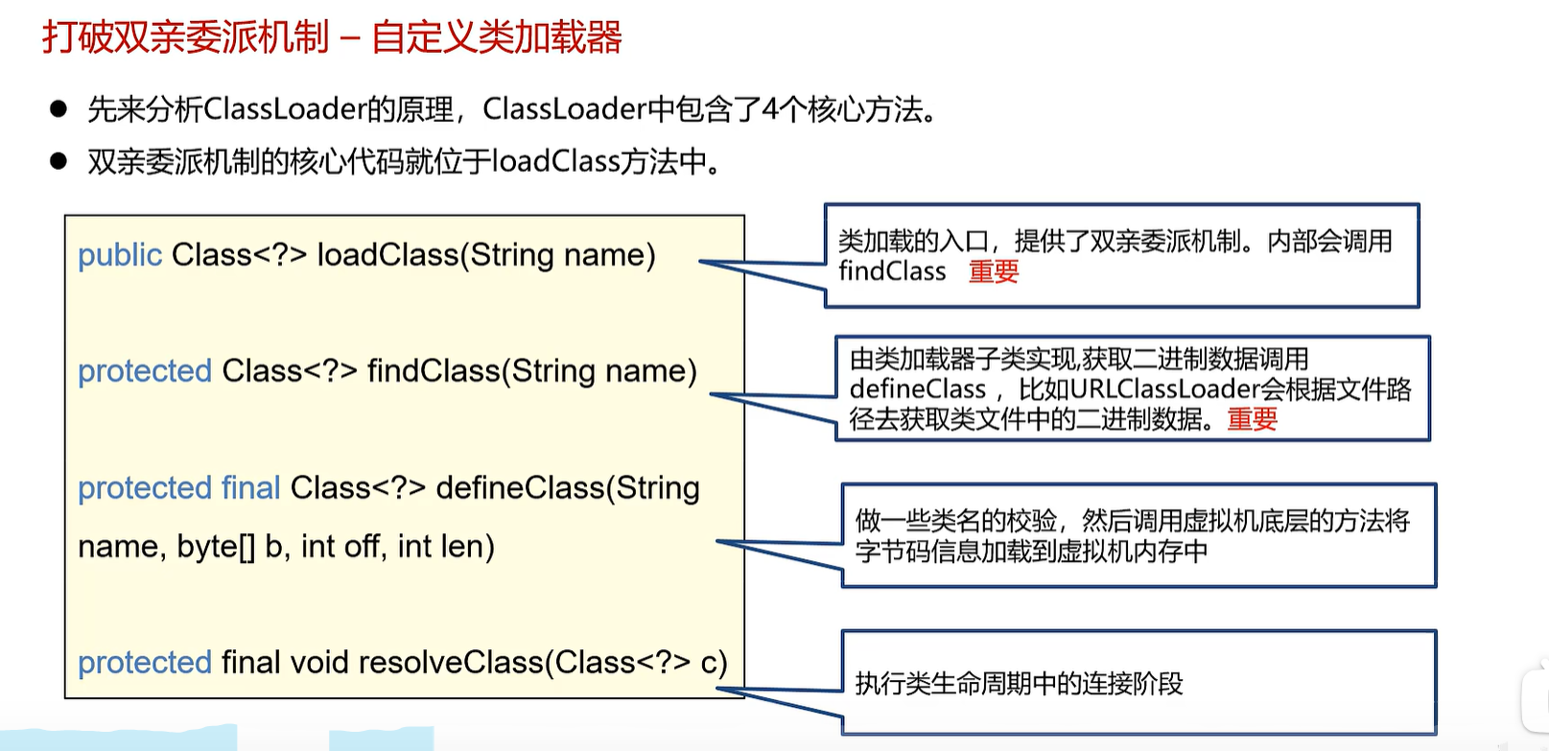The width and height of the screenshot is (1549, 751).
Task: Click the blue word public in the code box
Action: pos(120,255)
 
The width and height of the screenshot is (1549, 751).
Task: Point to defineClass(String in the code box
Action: pos(567,488)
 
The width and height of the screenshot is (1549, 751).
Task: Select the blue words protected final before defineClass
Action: pos(179,488)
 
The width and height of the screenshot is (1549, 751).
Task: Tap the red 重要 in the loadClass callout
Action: pos(994,272)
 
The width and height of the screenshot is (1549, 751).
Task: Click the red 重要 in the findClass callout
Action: pos(1252,419)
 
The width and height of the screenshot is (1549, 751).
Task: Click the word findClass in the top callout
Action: pos(892,272)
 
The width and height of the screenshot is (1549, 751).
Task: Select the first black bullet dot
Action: pos(59,109)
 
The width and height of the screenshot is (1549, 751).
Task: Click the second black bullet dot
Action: pos(59,161)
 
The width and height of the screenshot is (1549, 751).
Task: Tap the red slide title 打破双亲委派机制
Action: pos(185,37)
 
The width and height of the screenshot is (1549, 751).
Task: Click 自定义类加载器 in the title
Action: pos(497,37)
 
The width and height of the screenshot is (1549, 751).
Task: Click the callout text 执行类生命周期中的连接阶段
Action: pos(1019,684)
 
